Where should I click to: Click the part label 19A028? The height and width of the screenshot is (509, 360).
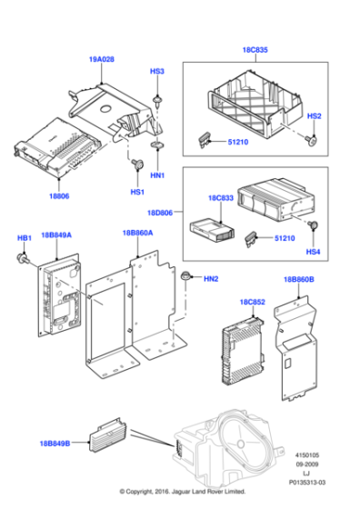102,59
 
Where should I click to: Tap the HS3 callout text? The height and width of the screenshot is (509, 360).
157,70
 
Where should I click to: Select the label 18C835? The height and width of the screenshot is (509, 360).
255,52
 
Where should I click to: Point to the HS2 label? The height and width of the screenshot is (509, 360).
314,116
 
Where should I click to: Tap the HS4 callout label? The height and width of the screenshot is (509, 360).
313,251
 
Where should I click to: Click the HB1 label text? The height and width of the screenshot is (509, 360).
25,237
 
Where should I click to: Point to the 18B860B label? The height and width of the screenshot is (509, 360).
297,280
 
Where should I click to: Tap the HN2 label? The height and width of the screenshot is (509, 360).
211,277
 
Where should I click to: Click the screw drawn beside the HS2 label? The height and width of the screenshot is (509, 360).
313,139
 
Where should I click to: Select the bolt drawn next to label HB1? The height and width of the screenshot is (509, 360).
22,258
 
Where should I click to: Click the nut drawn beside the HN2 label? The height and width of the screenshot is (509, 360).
186,276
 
